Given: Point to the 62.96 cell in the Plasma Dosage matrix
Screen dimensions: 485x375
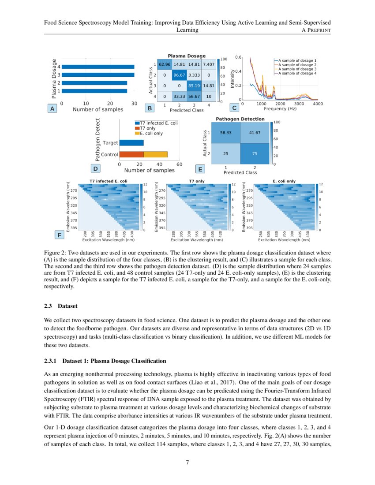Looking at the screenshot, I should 165,64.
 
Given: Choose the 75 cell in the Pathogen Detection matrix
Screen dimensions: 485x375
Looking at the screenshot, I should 255,153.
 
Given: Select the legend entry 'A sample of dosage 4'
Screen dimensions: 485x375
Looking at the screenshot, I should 296,74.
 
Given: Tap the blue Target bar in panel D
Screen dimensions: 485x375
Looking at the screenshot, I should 131,143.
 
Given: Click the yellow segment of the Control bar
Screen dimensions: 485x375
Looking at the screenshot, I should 156,154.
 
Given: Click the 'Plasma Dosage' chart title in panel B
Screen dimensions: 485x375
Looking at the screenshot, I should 187,56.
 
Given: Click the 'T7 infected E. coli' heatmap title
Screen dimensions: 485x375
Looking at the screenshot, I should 109,181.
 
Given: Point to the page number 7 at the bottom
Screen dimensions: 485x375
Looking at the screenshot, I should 187,463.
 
